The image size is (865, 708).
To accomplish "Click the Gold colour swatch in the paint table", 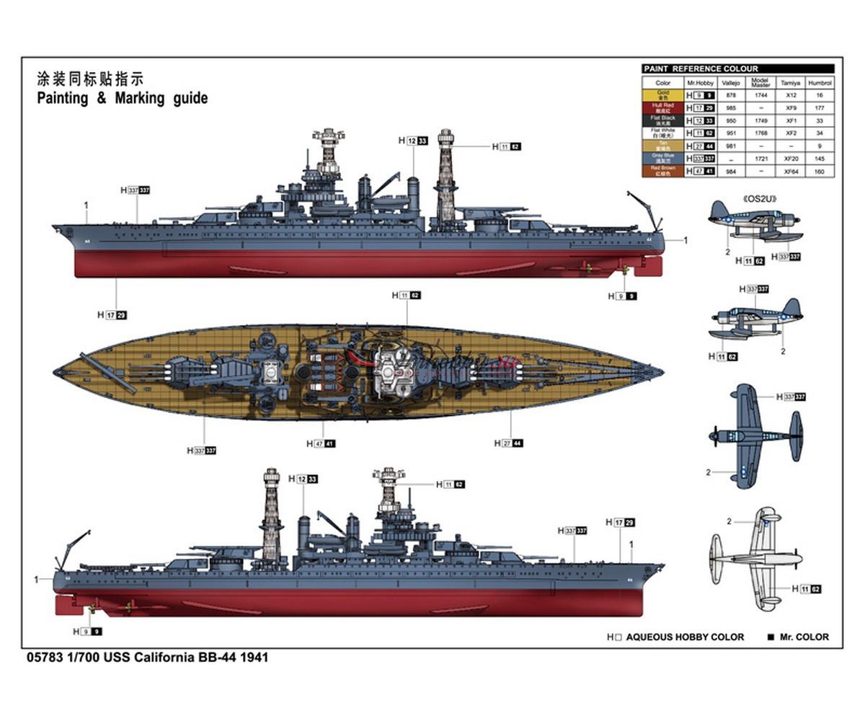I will pos(662,94).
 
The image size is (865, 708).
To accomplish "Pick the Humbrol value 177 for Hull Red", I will pos(819,107).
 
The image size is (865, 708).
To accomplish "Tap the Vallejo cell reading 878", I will pos(730,94).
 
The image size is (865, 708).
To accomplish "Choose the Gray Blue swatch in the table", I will pos(662,159).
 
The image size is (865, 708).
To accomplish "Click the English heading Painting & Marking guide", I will pos(123,98).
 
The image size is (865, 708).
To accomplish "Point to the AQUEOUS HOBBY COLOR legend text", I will pos(684,637).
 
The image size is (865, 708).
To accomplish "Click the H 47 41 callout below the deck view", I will pos(321,443).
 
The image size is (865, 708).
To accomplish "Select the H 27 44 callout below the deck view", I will pos(508,443).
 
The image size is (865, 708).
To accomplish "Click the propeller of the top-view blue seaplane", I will pos(714,435).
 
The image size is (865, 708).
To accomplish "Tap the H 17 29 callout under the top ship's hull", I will pos(112,314).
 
